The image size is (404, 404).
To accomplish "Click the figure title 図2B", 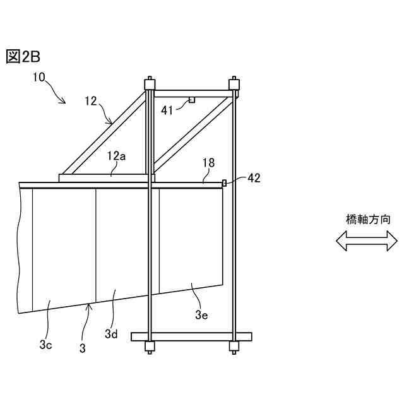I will [23, 57].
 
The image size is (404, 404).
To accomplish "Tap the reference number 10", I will [39, 78].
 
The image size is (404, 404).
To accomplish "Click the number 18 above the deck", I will [208, 163].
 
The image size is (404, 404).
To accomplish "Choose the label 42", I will [254, 178].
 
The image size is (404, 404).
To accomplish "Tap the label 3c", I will [45, 345].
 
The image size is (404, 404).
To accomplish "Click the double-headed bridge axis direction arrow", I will [367, 241].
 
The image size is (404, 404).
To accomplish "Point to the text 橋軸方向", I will [368, 220].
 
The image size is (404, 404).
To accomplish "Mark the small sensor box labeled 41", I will [191, 100].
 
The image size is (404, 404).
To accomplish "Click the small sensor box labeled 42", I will [224, 183].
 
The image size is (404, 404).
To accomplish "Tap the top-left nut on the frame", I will [150, 84].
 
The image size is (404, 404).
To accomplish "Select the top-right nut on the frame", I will [234, 84].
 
